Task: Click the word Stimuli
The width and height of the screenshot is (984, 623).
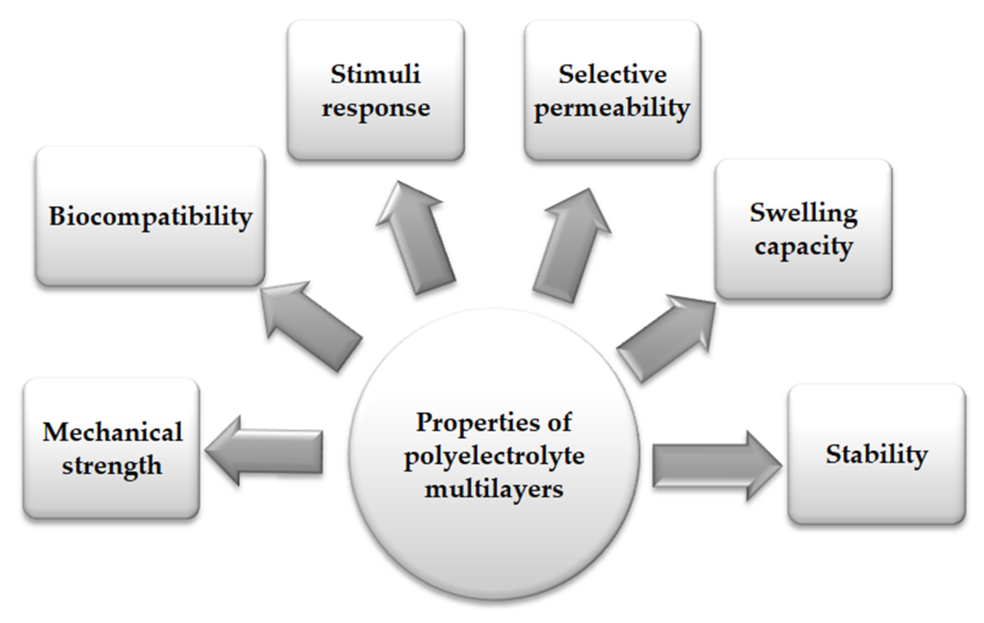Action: (x=375, y=74)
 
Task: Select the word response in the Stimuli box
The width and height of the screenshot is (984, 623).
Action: (x=376, y=108)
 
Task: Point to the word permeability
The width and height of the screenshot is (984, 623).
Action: (x=612, y=109)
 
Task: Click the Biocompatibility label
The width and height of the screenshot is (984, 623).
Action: (x=150, y=216)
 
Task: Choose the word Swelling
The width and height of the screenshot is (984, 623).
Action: (x=803, y=213)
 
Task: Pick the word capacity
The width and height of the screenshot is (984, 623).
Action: (x=803, y=247)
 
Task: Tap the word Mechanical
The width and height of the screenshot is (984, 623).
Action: (x=112, y=432)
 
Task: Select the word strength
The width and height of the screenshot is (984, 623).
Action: (x=112, y=466)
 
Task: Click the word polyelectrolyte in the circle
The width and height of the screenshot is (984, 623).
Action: (x=494, y=456)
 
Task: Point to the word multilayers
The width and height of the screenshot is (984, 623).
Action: (x=494, y=489)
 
